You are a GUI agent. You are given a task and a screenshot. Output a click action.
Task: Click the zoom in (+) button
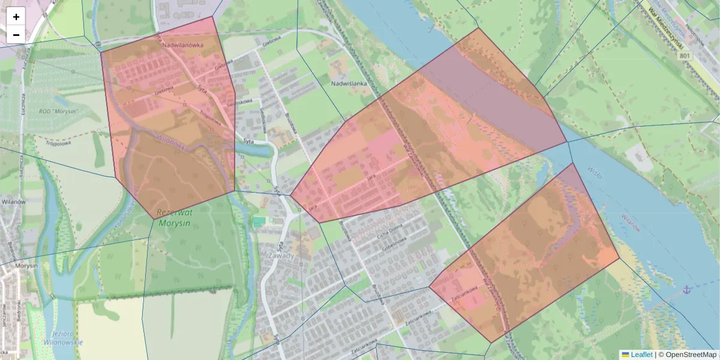point(16,17)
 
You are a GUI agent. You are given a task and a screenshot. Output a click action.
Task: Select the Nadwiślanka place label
point(349,83)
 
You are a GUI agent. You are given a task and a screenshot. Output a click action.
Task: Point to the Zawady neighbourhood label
point(281,255)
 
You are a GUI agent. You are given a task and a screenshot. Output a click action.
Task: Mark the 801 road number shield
point(685,56)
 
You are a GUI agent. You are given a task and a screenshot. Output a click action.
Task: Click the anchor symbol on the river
point(688,290)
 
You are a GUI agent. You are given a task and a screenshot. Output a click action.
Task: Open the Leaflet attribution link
point(641,355)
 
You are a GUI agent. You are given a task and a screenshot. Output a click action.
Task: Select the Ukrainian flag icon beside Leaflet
point(625,355)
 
